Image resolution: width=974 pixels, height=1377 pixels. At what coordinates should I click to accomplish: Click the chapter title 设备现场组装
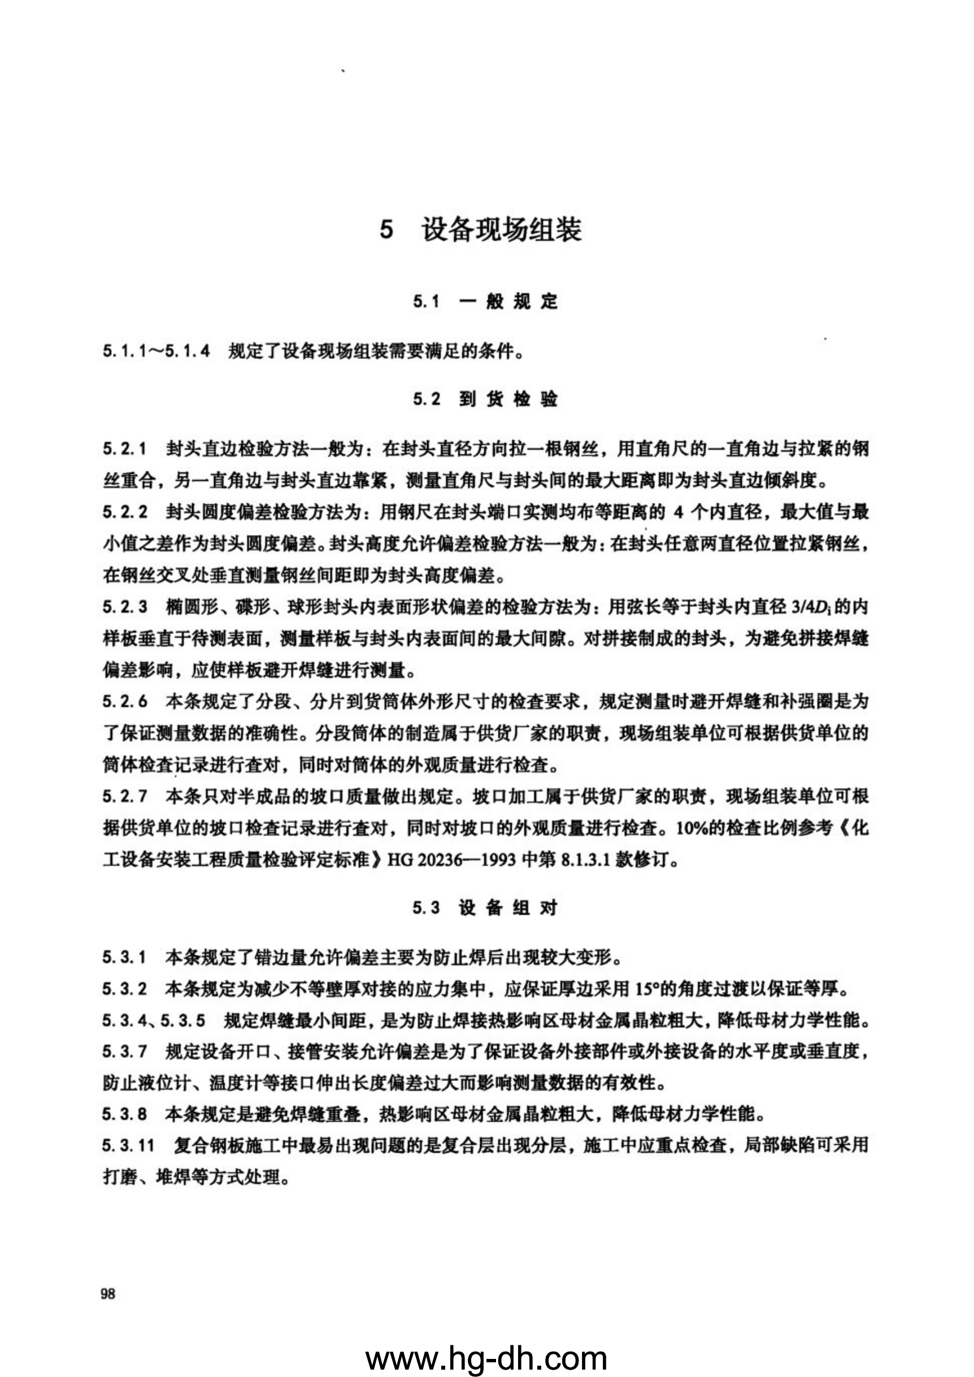501,230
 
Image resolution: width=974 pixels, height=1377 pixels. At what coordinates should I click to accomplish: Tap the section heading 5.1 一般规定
485,301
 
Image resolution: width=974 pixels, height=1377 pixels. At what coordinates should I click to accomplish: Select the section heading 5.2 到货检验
485,399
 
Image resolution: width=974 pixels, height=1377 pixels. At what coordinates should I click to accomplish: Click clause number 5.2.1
125,449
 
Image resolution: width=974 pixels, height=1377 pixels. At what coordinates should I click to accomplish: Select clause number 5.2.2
125,512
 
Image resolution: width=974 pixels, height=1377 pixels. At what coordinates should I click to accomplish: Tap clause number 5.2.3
125,607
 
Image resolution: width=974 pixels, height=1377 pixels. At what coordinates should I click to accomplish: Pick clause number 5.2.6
125,701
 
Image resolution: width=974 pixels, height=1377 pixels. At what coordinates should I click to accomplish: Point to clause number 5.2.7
125,797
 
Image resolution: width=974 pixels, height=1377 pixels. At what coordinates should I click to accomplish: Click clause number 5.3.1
125,957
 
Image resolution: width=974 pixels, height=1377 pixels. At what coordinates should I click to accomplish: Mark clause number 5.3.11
129,1146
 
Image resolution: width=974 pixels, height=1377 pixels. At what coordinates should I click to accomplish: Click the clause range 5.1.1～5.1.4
156,351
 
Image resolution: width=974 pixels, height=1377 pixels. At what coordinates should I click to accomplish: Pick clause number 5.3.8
125,1114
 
